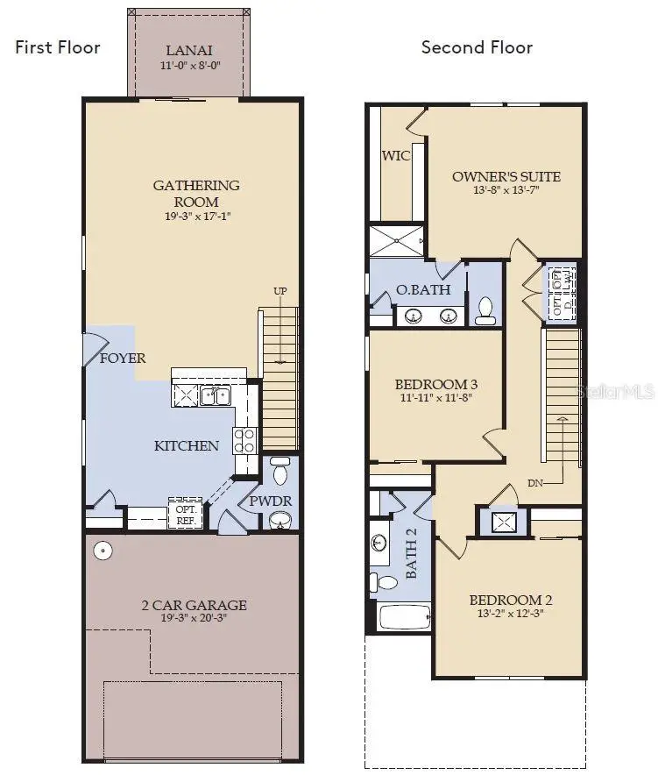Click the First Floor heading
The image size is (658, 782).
(58, 47)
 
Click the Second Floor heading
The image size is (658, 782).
(477, 47)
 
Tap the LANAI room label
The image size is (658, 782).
(188, 50)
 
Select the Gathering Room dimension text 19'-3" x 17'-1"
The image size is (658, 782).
(196, 216)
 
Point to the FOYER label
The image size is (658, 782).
(123, 359)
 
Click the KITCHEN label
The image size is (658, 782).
(187, 445)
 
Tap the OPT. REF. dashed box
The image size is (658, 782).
(186, 515)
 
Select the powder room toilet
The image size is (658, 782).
(279, 473)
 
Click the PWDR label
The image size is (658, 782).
(270, 501)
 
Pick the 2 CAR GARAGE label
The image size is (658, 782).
(195, 605)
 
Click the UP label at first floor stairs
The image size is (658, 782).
(280, 291)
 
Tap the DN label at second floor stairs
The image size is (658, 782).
(537, 482)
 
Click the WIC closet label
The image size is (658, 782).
(395, 156)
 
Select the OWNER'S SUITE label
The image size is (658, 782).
(506, 177)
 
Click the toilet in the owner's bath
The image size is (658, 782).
(485, 310)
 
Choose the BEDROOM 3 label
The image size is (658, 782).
(435, 385)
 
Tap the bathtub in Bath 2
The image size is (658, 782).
(404, 616)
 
